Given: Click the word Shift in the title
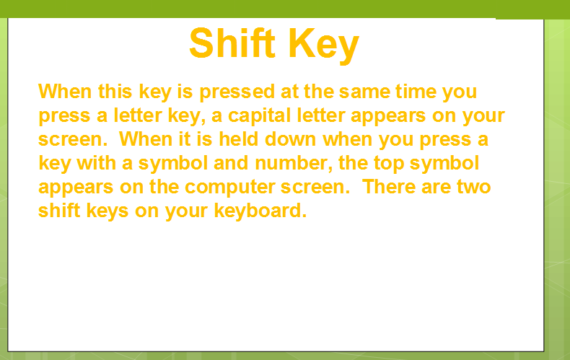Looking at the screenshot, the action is [232, 43].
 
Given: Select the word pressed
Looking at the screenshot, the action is [237, 92].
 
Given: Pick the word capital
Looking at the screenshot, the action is [260, 116].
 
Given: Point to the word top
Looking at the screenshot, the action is [390, 164].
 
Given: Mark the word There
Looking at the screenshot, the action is [389, 187].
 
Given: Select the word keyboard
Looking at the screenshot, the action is [260, 211].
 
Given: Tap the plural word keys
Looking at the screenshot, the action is [108, 211].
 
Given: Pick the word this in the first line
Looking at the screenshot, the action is [115, 92].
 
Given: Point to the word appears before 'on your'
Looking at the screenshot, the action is [388, 116].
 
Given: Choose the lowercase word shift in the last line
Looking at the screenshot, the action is [59, 211].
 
